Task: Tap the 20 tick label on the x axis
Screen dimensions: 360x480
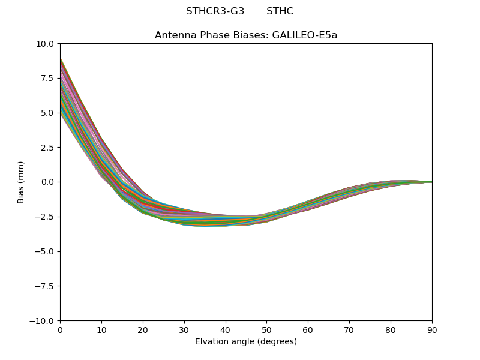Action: pyautogui.click(x=143, y=331)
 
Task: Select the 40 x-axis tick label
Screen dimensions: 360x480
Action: pyautogui.click(x=226, y=331)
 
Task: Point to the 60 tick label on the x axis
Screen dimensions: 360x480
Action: pyautogui.click(x=308, y=331)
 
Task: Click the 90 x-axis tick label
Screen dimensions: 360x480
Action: pyautogui.click(x=432, y=331)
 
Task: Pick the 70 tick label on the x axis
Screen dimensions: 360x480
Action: pyautogui.click(x=349, y=331)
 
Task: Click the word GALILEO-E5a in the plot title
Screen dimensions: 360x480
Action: pyautogui.click(x=305, y=35)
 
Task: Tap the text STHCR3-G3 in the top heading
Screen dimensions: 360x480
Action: pyautogui.click(x=215, y=11)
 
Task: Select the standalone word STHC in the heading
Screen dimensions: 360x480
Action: pyautogui.click(x=280, y=11)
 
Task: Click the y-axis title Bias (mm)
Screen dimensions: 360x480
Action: pyautogui.click(x=21, y=182)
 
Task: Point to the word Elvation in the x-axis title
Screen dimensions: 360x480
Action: pyautogui.click(x=212, y=342)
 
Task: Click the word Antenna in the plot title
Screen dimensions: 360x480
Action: pyautogui.click(x=175, y=35)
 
